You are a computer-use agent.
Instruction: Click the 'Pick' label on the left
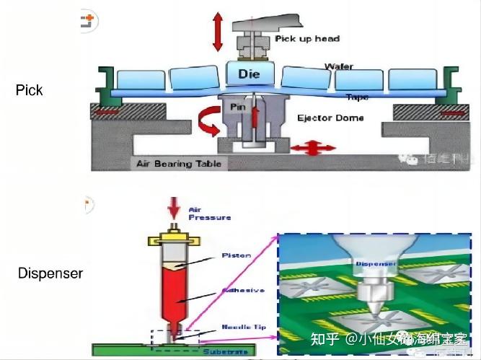click(x=29, y=90)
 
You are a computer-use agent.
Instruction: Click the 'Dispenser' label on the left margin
click(x=50, y=274)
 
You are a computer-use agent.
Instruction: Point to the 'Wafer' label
click(x=338, y=66)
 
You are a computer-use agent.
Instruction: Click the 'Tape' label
click(x=357, y=97)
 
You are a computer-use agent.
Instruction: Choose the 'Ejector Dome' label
click(x=330, y=118)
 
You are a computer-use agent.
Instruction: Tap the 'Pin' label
click(x=238, y=106)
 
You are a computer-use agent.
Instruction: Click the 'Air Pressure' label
click(x=209, y=213)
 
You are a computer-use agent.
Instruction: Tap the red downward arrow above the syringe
click(x=173, y=209)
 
